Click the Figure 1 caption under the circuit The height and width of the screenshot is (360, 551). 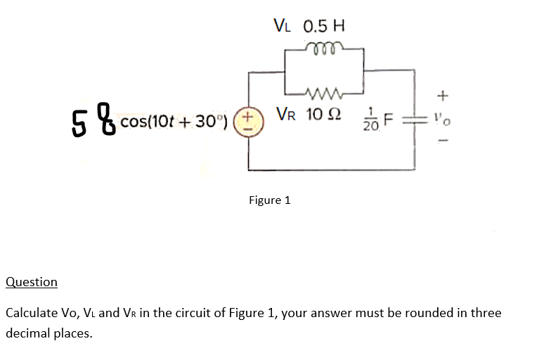click(x=270, y=200)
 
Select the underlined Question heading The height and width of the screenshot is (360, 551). click(x=32, y=282)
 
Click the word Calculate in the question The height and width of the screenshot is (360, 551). click(x=33, y=313)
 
